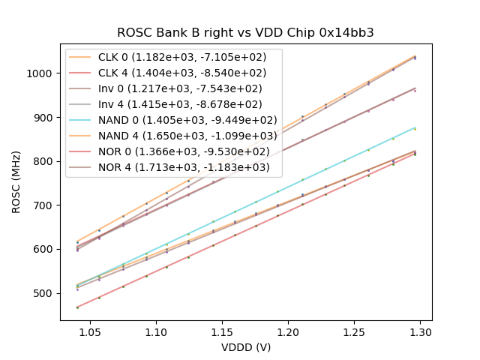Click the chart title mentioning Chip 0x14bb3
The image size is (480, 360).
point(245,33)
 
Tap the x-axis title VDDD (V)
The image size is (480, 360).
point(245,346)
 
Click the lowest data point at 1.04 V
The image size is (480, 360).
point(77,307)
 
